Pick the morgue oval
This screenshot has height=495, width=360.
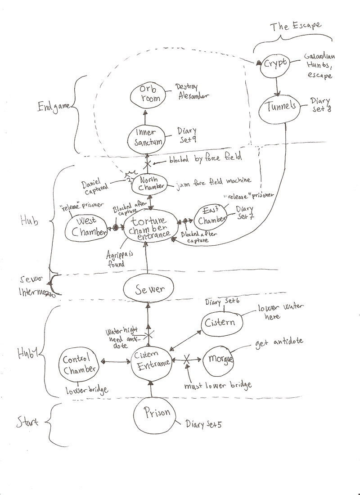click(x=220, y=360)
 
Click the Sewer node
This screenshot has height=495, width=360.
click(x=147, y=289)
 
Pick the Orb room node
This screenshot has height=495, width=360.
click(x=146, y=94)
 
